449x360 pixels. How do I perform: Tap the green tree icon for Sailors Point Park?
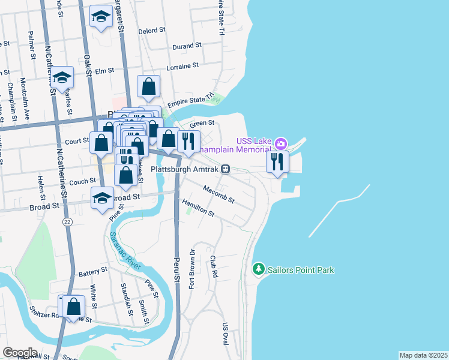(x=259, y=269)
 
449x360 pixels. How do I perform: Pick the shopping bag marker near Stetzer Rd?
(x=73, y=307)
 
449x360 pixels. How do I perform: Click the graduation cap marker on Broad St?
(x=103, y=198)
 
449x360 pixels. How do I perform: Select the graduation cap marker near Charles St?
(x=61, y=77)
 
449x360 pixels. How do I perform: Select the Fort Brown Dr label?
(x=193, y=267)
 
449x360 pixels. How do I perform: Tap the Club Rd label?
(x=213, y=266)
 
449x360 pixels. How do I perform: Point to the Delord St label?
(x=152, y=30)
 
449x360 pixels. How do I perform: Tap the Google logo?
(x=20, y=353)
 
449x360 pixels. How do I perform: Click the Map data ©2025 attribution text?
(x=423, y=355)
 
